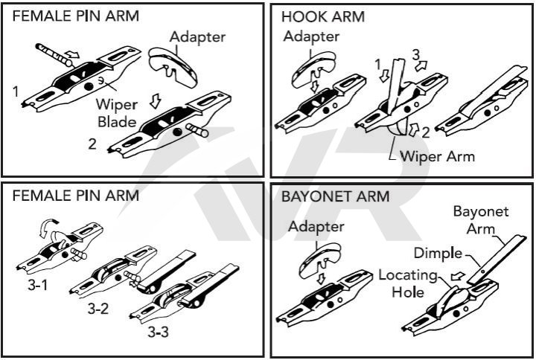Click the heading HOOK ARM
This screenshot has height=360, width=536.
coord(318,16)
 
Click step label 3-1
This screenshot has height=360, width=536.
coord(31,283)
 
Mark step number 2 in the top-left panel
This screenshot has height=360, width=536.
coord(92,145)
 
